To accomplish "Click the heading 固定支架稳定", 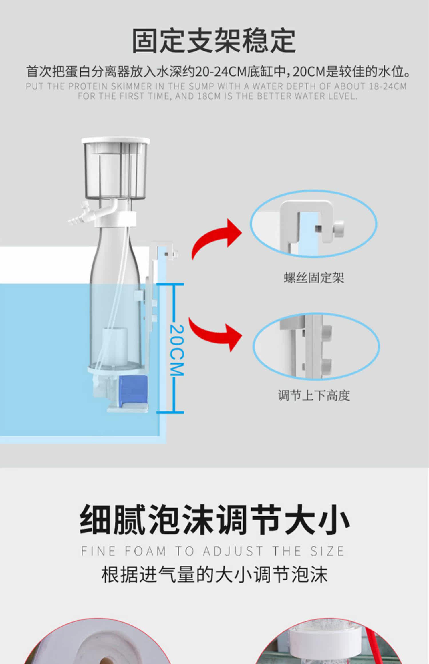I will [x=214, y=41].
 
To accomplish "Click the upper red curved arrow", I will [x=217, y=238].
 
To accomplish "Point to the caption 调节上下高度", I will [x=314, y=396].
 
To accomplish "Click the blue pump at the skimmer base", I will [x=132, y=390].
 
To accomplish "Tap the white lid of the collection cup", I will [x=116, y=141].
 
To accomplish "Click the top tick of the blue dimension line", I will [x=170, y=284].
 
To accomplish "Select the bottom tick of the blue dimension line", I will [x=170, y=413].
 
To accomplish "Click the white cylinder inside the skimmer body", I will [x=115, y=347].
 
